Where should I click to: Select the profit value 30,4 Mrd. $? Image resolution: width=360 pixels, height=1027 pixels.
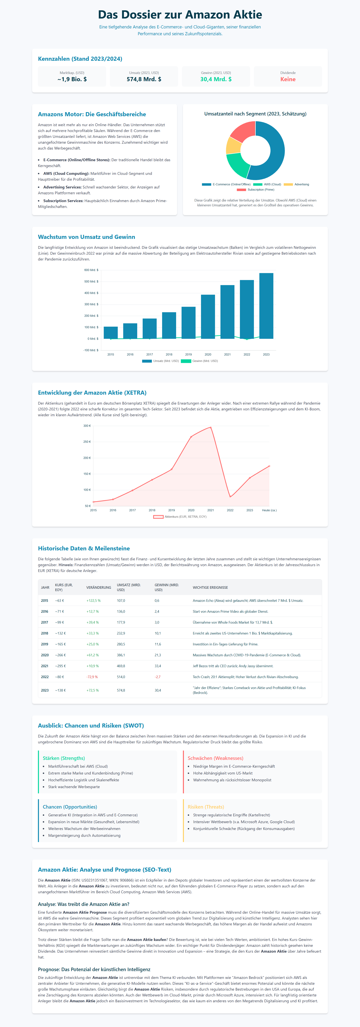[x=216, y=79]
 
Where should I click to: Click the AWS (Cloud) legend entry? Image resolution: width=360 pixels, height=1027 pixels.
[x=268, y=184]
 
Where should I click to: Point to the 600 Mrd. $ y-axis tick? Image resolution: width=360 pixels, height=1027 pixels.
[x=91, y=270]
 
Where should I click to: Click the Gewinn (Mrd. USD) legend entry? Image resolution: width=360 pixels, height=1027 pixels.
[x=199, y=361]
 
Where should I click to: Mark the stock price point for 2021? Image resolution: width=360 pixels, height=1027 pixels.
[x=211, y=427]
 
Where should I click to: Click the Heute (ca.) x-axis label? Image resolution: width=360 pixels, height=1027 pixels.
[x=269, y=510]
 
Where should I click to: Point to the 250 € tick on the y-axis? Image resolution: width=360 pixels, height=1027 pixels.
[x=87, y=442]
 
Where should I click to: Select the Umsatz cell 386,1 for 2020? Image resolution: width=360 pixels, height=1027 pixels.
[x=121, y=655]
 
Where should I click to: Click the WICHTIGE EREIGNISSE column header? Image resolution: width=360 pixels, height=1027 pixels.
[x=210, y=587]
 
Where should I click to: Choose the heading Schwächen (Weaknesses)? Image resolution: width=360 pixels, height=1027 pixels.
[x=215, y=758]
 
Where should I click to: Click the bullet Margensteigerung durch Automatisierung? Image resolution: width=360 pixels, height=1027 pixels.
[x=84, y=835]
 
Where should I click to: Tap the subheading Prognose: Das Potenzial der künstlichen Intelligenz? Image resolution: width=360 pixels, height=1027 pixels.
[x=94, y=969]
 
